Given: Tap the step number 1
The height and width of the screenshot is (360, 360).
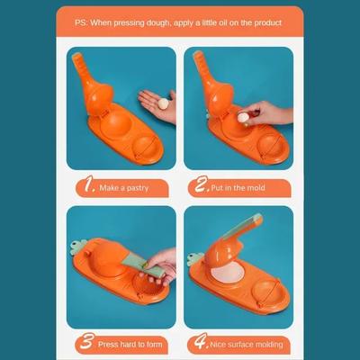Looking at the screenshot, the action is click(x=89, y=184).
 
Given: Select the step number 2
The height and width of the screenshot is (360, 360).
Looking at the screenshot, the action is click(x=201, y=184).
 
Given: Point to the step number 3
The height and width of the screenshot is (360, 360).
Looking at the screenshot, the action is click(x=87, y=341).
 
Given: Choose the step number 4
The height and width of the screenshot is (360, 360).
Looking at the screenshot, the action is click(x=201, y=341).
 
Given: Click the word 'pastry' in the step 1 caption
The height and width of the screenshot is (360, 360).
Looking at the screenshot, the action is click(x=138, y=188).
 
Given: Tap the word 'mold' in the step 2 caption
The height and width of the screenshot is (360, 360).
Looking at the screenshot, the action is click(x=256, y=188).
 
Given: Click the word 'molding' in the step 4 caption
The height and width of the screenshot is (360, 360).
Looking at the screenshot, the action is click(x=269, y=345).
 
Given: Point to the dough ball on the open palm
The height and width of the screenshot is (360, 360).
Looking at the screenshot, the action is click(x=164, y=103).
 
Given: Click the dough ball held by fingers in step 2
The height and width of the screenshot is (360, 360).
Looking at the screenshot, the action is click(x=243, y=118).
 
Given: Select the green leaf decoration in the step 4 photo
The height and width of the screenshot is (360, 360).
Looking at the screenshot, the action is click(x=195, y=259).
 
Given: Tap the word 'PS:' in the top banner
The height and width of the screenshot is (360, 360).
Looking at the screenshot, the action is click(x=81, y=22).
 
